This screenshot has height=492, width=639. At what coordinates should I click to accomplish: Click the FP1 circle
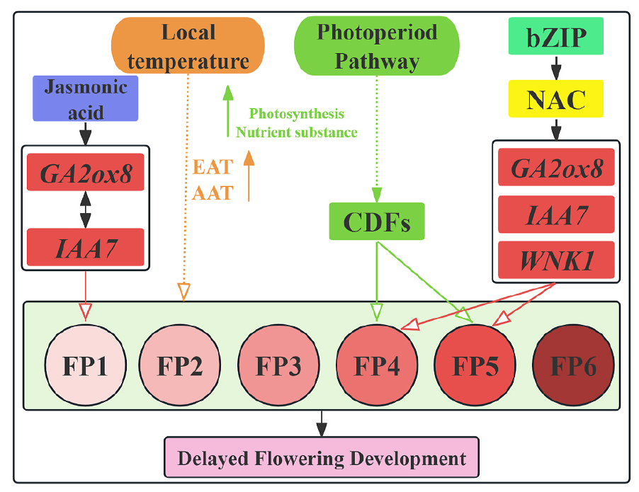[x=85, y=367]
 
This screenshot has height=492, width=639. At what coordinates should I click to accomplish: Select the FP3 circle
[x=278, y=367]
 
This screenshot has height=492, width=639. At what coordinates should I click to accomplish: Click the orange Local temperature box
[x=188, y=46]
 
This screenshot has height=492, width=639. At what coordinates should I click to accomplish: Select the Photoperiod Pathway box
[x=376, y=46]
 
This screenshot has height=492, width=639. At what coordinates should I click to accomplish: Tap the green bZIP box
[x=555, y=36]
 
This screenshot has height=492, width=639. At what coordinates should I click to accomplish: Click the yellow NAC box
[x=556, y=98]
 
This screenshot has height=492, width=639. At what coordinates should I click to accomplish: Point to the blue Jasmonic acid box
[x=85, y=98]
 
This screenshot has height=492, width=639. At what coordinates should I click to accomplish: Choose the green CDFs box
[x=376, y=222]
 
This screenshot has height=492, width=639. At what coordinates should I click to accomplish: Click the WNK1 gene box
[x=555, y=261]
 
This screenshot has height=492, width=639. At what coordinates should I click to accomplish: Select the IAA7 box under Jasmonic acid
[x=85, y=247]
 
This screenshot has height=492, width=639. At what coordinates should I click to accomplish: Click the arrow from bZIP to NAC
[x=556, y=67]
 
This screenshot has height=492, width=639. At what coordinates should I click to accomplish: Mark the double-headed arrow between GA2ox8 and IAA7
[x=85, y=210]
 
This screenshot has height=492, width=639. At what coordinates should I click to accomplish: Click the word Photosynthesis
[x=297, y=114]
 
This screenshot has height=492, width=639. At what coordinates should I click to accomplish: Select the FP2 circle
[x=181, y=367]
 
